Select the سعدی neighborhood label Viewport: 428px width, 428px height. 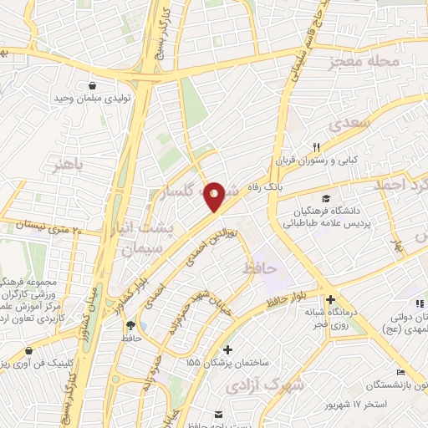(x=348, y=125)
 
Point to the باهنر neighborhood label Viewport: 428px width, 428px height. (x=67, y=161)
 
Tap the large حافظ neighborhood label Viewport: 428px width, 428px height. (x=260, y=269)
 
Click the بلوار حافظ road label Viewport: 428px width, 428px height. (x=288, y=300)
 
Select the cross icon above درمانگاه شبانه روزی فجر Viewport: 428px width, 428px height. (x=331, y=299)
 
